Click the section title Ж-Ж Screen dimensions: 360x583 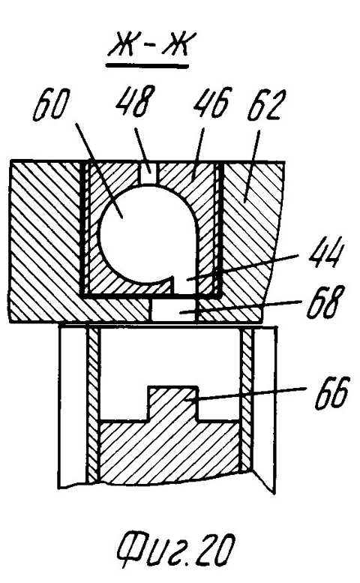coord(147,44)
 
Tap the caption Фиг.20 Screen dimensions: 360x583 coord(176,549)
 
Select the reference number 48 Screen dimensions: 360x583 coord(135,101)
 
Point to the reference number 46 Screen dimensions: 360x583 coord(212,102)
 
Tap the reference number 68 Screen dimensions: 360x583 coord(322,301)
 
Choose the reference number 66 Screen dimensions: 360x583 coord(331,393)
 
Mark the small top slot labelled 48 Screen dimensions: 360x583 coord(150,172)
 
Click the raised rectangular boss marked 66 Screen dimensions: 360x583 coord(172,404)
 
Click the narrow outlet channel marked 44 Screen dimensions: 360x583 coord(186,284)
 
